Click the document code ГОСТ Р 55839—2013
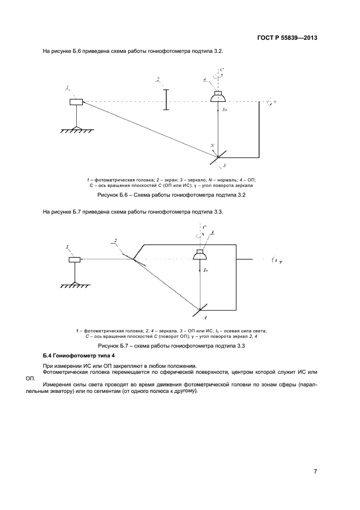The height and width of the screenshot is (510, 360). pyautogui.click(x=286, y=38)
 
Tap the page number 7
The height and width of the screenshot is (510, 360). pyautogui.click(x=316, y=471)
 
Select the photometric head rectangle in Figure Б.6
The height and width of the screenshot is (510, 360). pyautogui.click(x=76, y=102)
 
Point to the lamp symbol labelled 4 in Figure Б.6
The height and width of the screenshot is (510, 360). pyautogui.click(x=218, y=97)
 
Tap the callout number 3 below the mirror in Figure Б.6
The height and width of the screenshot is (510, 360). pyautogui.click(x=224, y=165)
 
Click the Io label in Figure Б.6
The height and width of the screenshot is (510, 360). pyautogui.click(x=225, y=110)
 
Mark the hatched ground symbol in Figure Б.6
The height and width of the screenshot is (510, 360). pyautogui.click(x=76, y=129)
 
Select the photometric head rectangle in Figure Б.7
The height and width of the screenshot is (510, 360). pyautogui.click(x=75, y=259)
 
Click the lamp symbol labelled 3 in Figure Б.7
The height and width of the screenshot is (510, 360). pyautogui.click(x=201, y=255)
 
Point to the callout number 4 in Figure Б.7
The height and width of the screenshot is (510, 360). pyautogui.click(x=205, y=317)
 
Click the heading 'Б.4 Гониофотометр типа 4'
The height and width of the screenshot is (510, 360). pyautogui.click(x=80, y=356)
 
